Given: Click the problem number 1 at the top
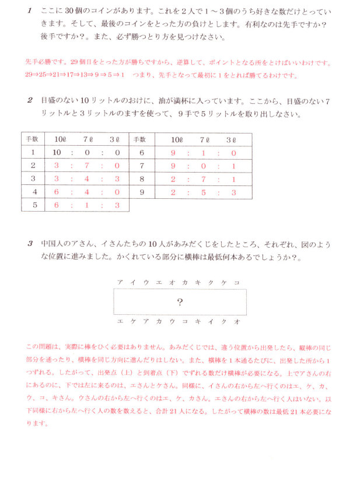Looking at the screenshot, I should (30, 11).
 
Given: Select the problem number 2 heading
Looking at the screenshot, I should (30, 101).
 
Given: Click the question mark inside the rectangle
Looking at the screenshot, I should (180, 302).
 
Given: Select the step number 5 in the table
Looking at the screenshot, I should (33, 205).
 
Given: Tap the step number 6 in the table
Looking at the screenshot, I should (141, 152).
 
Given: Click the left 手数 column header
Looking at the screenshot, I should (33, 139).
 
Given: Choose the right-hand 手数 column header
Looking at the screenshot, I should (141, 139).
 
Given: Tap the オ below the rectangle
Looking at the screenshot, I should (237, 321).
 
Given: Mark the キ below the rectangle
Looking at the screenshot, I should (198, 321).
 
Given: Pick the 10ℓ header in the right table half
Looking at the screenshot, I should (176, 139).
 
